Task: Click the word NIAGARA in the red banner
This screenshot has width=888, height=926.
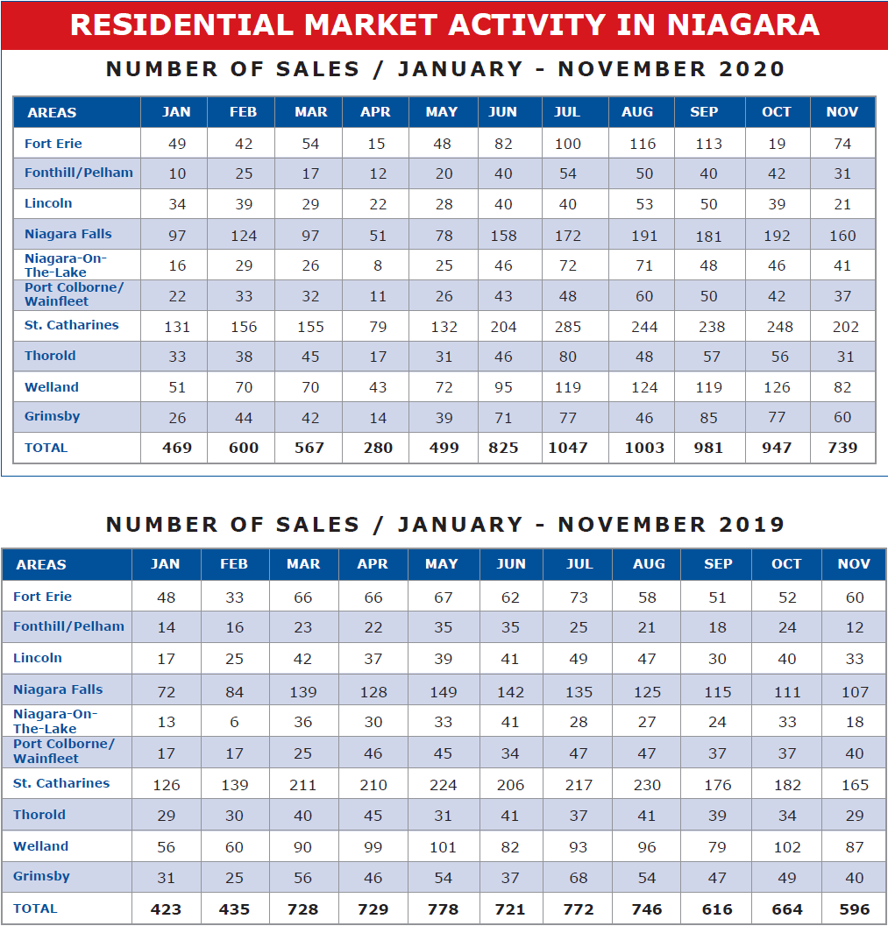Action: [x=742, y=25]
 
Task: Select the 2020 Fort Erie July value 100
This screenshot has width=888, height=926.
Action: [x=568, y=144]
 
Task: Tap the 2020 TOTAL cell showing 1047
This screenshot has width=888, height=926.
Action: [x=568, y=448]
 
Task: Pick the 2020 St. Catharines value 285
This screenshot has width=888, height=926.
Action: [x=568, y=327]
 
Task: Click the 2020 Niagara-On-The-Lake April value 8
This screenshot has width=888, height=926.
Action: [x=378, y=265]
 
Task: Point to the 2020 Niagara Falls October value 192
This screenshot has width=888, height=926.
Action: [x=777, y=236]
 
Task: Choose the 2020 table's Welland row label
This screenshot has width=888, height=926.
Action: [x=52, y=387]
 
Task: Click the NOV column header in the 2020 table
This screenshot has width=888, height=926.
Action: [x=842, y=111]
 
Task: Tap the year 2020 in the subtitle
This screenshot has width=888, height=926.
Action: [x=751, y=69]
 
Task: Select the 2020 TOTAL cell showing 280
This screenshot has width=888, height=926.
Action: [x=378, y=448]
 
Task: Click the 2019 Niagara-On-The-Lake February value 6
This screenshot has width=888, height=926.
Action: [x=235, y=722]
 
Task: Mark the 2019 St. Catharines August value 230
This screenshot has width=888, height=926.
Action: [x=647, y=785]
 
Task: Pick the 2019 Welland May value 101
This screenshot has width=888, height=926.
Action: [x=443, y=847]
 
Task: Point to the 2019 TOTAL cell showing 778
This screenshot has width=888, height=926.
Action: [x=443, y=909]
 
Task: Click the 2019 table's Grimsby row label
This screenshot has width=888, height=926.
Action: [x=41, y=876]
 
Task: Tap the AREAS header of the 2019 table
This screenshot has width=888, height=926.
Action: [x=41, y=564]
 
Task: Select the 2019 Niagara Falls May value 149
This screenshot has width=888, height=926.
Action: [x=443, y=691]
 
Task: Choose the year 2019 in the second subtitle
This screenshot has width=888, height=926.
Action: [x=751, y=525]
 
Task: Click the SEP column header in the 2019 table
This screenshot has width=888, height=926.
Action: [x=718, y=564]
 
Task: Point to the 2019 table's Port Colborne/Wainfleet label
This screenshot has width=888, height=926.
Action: [x=64, y=751]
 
